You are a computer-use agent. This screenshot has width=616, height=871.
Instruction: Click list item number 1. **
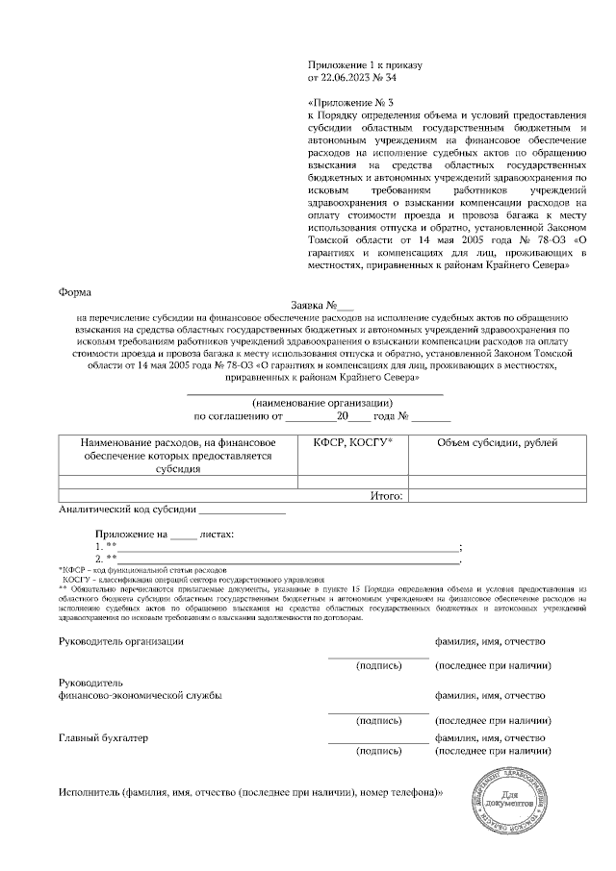click(106, 545)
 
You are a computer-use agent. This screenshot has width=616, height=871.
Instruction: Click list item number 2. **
click(106, 558)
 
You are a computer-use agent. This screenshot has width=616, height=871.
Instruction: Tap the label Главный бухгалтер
click(104, 737)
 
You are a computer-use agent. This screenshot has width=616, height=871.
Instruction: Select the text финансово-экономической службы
click(141, 695)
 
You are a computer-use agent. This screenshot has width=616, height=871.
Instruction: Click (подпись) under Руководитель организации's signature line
click(378, 664)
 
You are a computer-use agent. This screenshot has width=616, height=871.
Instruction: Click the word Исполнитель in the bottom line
click(90, 794)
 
